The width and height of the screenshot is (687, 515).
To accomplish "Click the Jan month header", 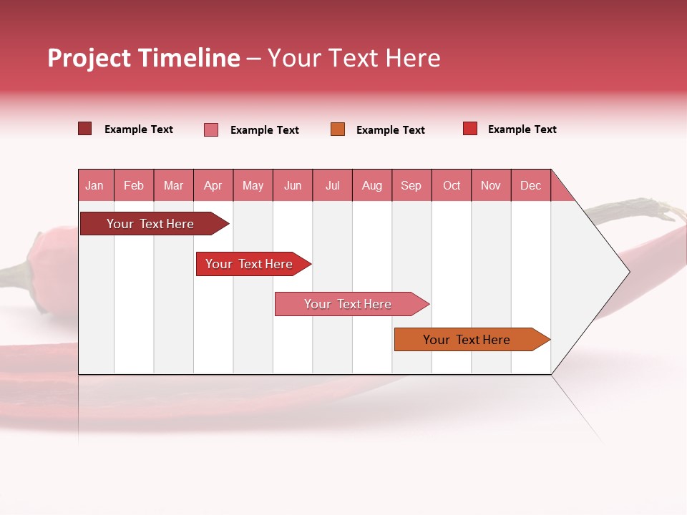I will pyautogui.click(x=94, y=185).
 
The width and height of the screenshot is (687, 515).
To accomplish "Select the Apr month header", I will pyautogui.click(x=213, y=185).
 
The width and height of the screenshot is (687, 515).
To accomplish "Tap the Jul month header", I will pyautogui.click(x=332, y=185).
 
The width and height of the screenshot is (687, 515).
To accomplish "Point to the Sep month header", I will pyautogui.click(x=411, y=185).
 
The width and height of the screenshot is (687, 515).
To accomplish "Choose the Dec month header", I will pyautogui.click(x=530, y=185).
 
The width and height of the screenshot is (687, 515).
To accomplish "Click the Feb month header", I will pyautogui.click(x=134, y=185).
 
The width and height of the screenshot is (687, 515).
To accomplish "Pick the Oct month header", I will pyautogui.click(x=452, y=185).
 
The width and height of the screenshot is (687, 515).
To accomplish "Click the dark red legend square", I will pyautogui.click(x=84, y=129).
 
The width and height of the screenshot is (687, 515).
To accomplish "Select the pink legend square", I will pyautogui.click(x=211, y=129).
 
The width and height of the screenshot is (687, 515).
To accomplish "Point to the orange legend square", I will pyautogui.click(x=338, y=129).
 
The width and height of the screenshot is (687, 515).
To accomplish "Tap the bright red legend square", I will pyautogui.click(x=470, y=129).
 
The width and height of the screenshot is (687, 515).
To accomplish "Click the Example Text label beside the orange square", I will pyautogui.click(x=390, y=130).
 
